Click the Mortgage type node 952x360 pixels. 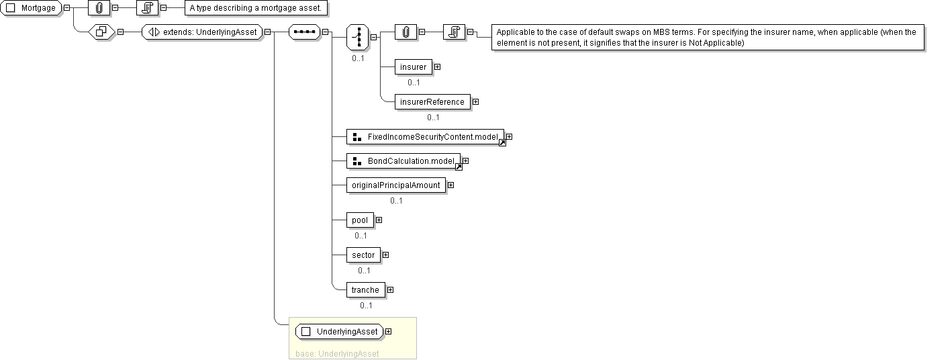click(x=32, y=8)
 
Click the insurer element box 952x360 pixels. click(x=413, y=66)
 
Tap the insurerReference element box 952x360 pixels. click(x=432, y=101)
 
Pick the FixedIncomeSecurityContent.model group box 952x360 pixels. click(x=425, y=137)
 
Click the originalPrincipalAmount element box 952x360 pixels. click(x=396, y=185)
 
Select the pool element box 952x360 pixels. click(x=360, y=220)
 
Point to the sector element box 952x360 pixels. click(x=363, y=255)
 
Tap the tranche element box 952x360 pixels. click(x=365, y=290)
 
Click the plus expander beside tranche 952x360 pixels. click(x=390, y=290)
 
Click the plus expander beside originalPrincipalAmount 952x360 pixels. click(x=450, y=185)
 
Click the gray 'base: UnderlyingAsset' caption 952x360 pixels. click(x=337, y=353)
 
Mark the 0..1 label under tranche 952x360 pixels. click(x=366, y=306)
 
